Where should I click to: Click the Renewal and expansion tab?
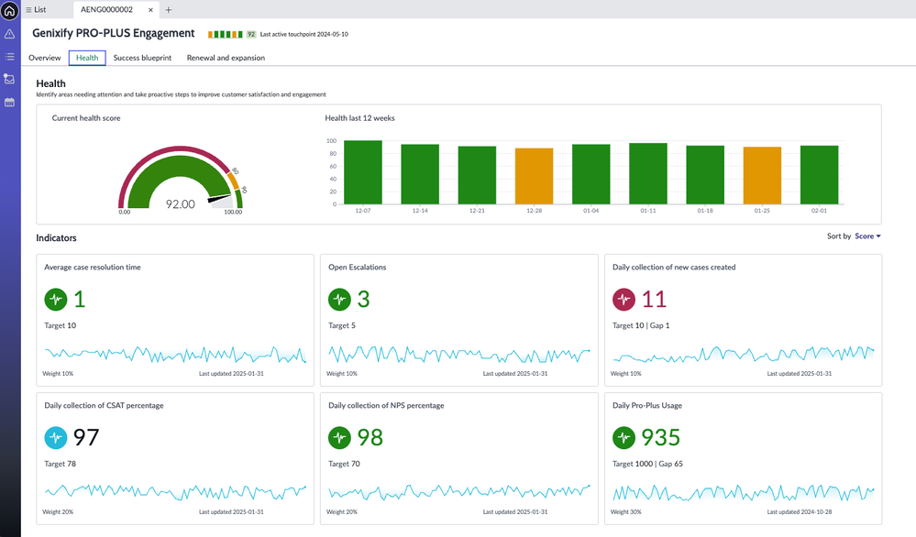click(226, 58)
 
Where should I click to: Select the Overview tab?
click(44, 58)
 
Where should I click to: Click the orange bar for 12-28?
click(534, 176)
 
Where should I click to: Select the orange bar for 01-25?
click(762, 175)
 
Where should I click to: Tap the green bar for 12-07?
click(363, 172)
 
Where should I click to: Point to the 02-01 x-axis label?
click(819, 211)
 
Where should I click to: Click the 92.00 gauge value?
click(180, 203)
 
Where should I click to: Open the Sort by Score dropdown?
click(866, 236)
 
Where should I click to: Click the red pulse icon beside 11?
click(624, 299)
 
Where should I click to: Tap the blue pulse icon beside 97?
click(56, 437)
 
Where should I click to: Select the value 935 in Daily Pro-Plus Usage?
click(661, 437)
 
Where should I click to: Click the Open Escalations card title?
click(358, 268)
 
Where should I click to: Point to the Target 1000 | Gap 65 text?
click(647, 464)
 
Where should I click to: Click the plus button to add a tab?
click(168, 9)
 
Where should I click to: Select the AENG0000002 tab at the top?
click(106, 9)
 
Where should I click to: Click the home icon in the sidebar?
click(9, 11)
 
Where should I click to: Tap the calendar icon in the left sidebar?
click(9, 103)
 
